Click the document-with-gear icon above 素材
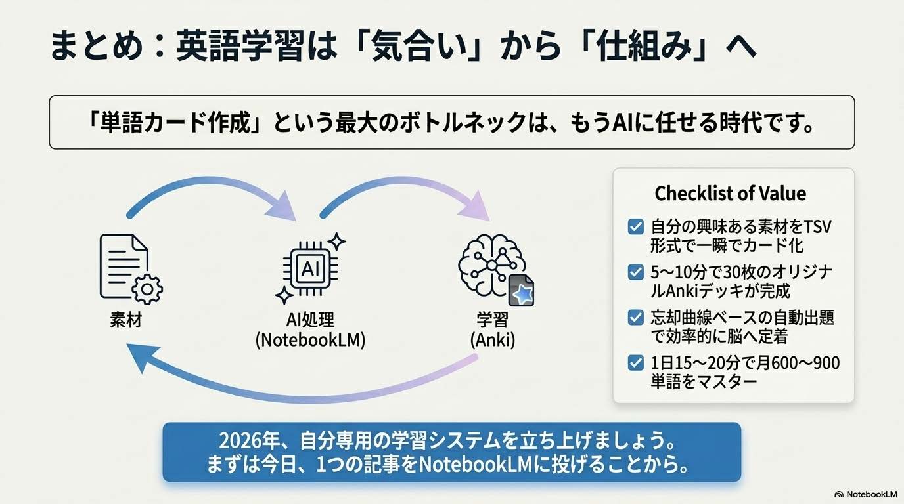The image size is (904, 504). pos(129,268)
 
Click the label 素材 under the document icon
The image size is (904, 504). pos(126,321)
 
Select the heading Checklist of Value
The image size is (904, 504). pos(730,194)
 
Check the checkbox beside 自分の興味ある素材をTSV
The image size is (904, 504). pos(635,228)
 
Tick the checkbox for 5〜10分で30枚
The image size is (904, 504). pos(635,272)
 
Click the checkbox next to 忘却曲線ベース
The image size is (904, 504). pos(635,318)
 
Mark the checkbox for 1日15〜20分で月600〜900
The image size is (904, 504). pos(635,362)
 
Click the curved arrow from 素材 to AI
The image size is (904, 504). pos(204,191)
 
